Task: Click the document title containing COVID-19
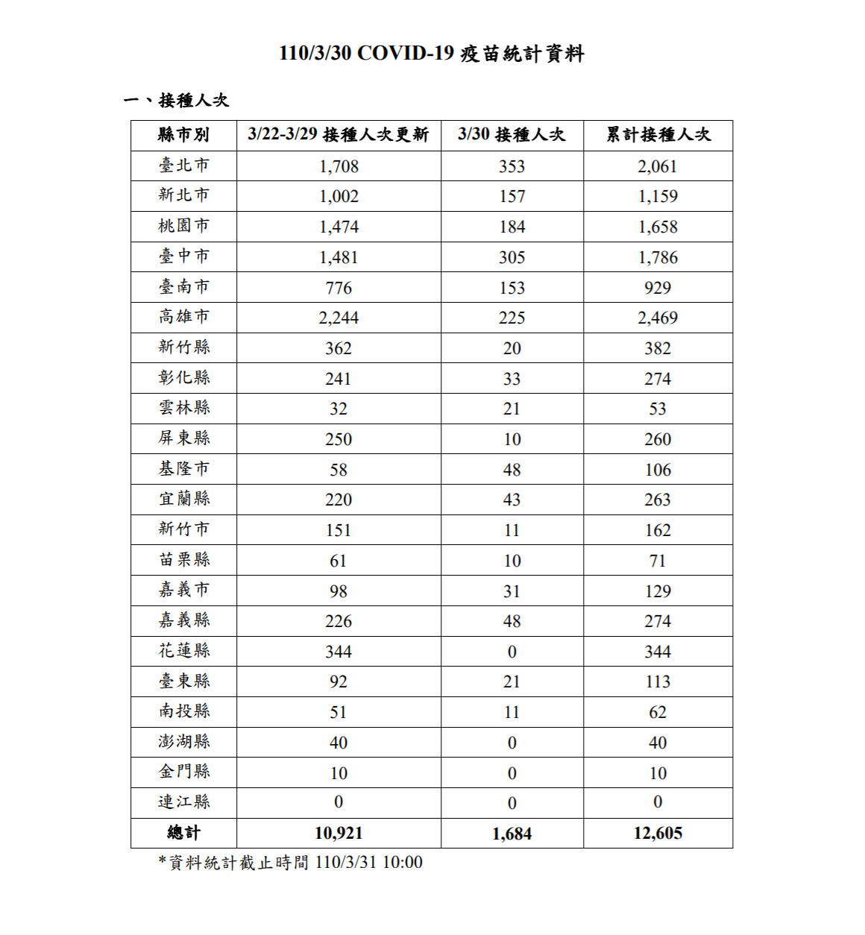click(432, 54)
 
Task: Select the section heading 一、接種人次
click(176, 100)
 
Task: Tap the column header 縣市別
click(183, 135)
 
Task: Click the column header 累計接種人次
click(658, 135)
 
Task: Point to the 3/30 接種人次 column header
click(512, 135)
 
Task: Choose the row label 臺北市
click(183, 166)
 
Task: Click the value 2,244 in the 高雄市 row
click(339, 318)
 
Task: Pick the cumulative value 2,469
click(658, 318)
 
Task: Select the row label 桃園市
click(183, 226)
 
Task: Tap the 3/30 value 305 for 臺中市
click(512, 257)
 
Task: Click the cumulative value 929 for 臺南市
click(658, 288)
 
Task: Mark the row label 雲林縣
click(183, 409)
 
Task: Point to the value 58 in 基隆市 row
click(339, 470)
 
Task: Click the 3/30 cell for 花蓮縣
click(512, 652)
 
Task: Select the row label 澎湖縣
click(183, 742)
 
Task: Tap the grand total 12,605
click(658, 834)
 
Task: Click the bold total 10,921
click(339, 834)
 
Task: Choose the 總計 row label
click(183, 834)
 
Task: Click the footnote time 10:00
click(403, 863)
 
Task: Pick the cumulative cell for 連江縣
click(658, 802)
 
